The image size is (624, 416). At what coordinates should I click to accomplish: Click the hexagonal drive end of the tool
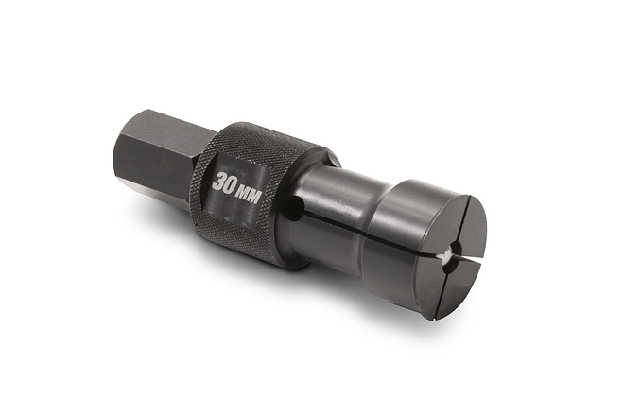pos(156,156)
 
